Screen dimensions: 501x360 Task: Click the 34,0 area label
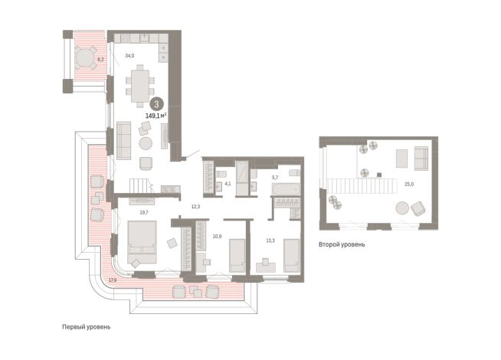point(129,56)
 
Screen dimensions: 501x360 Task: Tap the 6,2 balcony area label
point(100,60)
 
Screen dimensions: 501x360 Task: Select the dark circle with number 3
point(156,104)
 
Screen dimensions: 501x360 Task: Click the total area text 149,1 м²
point(156,116)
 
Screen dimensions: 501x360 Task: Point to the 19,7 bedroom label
point(144,212)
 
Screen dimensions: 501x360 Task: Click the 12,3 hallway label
point(195,207)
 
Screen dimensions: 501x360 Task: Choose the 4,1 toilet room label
point(228,184)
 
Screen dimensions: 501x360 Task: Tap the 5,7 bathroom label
point(275,177)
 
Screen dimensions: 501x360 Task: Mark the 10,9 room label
point(217,237)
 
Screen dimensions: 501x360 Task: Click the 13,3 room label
point(270,241)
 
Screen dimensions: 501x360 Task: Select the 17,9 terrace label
point(113,280)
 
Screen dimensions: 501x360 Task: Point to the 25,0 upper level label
point(409,185)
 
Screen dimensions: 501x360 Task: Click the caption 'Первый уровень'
point(87,327)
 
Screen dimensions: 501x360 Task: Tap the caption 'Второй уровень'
point(342,244)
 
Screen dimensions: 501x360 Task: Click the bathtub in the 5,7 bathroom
point(286,189)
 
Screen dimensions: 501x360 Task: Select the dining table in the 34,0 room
point(140,86)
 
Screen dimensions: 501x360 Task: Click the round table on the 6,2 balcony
point(85,57)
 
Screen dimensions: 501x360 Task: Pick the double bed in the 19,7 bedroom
point(142,242)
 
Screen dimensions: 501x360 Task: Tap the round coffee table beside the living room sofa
point(146,143)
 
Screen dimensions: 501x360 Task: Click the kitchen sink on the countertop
point(145,38)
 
